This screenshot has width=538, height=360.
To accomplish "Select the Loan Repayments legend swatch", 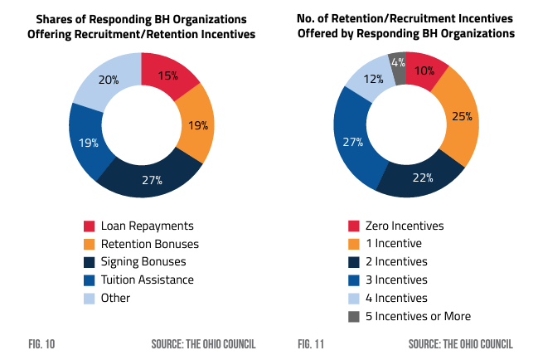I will click(89, 226).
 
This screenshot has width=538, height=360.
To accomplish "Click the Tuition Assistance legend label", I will click(147, 280).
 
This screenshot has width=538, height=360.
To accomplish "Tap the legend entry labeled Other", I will click(115, 298).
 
